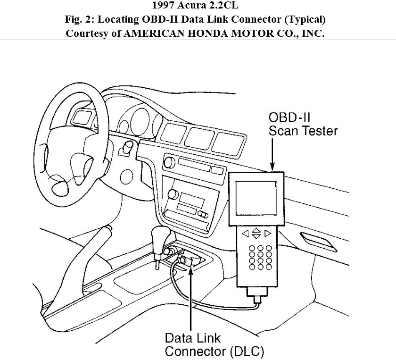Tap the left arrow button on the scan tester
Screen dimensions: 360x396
click(x=245, y=233)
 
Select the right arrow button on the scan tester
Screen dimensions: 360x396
click(x=268, y=233)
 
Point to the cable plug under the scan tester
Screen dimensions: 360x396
click(x=257, y=300)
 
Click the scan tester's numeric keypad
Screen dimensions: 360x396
click(x=256, y=257)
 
